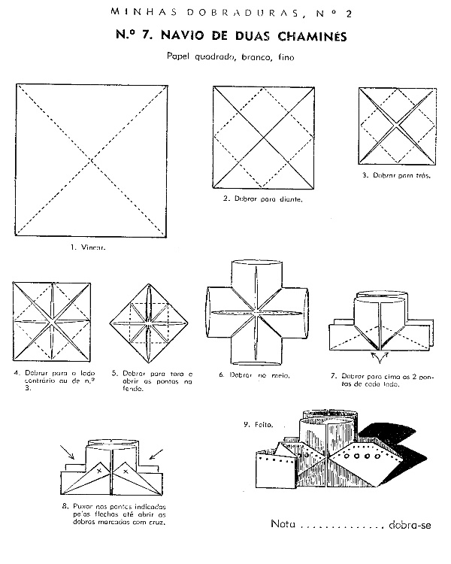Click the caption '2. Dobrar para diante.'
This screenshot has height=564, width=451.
262,201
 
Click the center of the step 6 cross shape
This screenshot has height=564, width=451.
257,311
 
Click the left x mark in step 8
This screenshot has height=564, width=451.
98,469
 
